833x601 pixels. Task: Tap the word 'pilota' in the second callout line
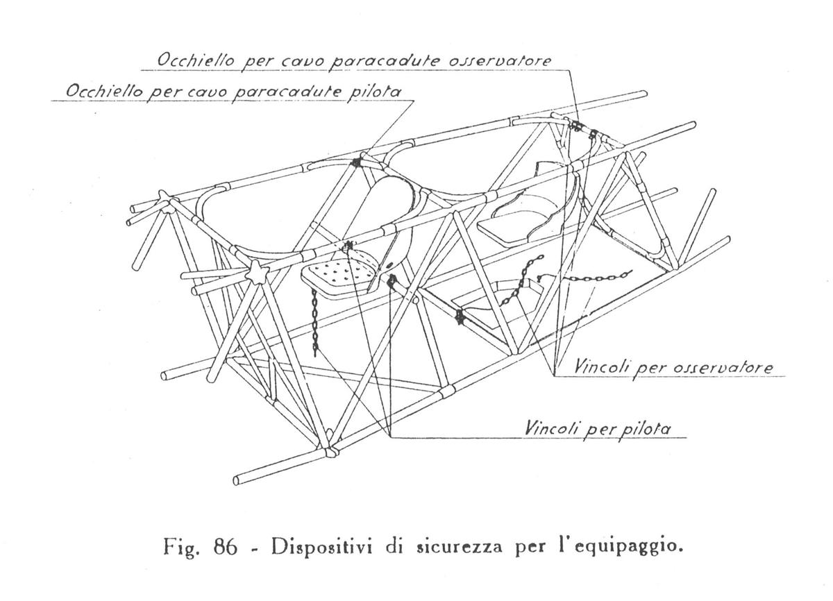pyautogui.click(x=374, y=92)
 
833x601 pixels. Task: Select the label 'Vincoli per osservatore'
pyautogui.click(x=673, y=368)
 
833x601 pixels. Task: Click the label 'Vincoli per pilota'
pyautogui.click(x=598, y=429)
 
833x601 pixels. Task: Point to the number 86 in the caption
pyautogui.click(x=225, y=547)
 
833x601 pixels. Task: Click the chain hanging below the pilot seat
pyautogui.click(x=314, y=324)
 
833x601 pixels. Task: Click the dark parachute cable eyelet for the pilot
pyautogui.click(x=356, y=162)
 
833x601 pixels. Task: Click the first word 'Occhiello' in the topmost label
pyautogui.click(x=196, y=60)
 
